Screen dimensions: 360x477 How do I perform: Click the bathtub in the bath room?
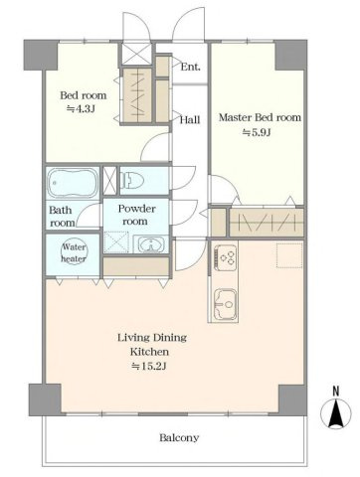74,183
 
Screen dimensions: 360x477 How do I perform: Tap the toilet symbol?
133,181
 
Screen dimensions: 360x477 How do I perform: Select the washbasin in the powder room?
151,244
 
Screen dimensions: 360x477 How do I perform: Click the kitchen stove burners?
226,257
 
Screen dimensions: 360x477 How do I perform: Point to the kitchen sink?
226,304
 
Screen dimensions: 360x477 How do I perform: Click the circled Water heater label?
74,252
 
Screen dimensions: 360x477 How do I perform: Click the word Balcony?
179,438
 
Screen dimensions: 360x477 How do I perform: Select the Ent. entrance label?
191,68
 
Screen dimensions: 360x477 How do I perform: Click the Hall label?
190,119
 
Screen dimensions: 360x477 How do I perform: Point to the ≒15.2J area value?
148,366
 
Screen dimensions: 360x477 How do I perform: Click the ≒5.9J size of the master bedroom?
257,132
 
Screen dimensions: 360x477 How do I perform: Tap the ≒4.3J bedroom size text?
82,109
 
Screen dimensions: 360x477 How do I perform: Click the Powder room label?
136,215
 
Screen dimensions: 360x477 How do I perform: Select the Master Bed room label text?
260,117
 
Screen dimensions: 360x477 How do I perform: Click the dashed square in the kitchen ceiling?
289,255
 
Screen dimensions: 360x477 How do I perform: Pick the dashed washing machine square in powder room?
116,242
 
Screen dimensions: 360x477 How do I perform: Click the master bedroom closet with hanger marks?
267,223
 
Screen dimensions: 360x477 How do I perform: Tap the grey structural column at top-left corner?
41,55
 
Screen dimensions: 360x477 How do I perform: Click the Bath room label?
62,217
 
